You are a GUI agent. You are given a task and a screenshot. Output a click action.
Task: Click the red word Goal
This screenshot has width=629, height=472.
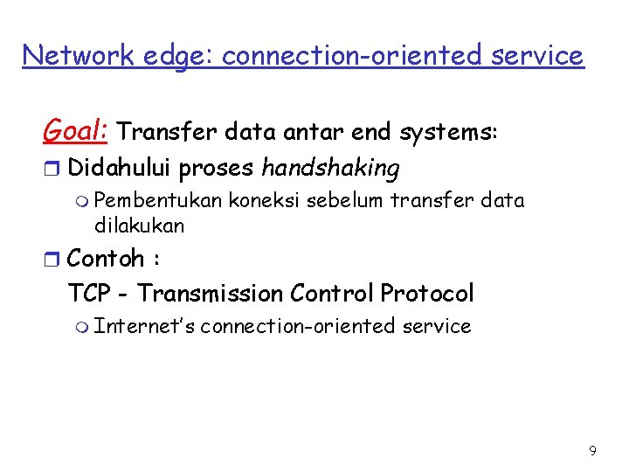(74, 131)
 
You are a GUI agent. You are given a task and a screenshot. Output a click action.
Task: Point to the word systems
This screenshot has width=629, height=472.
(447, 133)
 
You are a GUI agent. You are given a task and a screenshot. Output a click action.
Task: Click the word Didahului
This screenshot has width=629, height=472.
(120, 166)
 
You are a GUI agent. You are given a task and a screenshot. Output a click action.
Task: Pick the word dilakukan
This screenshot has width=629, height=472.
(139, 226)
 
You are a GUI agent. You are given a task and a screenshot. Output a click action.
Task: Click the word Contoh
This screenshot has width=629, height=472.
(106, 259)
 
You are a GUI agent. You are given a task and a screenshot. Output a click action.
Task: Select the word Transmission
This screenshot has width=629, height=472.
(211, 293)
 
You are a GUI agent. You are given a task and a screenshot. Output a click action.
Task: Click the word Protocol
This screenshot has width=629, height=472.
(427, 293)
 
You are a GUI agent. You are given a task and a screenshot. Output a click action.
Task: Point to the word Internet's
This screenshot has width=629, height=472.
(143, 327)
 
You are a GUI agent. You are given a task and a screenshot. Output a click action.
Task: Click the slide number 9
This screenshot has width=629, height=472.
(593, 451)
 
